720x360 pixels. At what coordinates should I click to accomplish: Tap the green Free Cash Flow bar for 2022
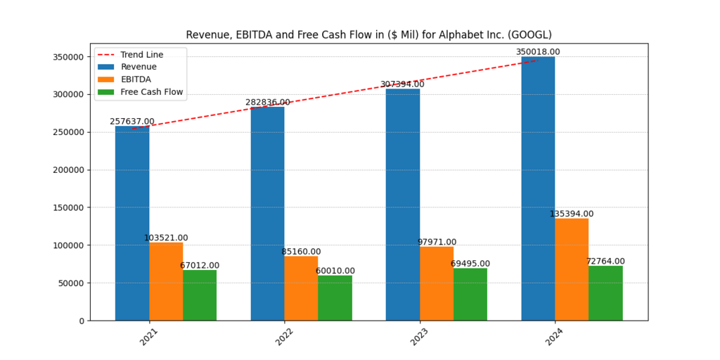click(335, 298)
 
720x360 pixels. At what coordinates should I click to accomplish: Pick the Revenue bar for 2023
click(403, 205)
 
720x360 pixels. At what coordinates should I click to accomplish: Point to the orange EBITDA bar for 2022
click(301, 288)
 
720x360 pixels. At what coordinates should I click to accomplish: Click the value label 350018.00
click(538, 52)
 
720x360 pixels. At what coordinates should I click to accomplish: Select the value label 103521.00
click(166, 238)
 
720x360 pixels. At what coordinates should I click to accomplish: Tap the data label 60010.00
click(335, 271)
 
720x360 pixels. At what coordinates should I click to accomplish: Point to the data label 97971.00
click(437, 242)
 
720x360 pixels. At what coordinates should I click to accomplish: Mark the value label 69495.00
click(470, 264)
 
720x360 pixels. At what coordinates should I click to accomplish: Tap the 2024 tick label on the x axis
click(555, 336)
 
